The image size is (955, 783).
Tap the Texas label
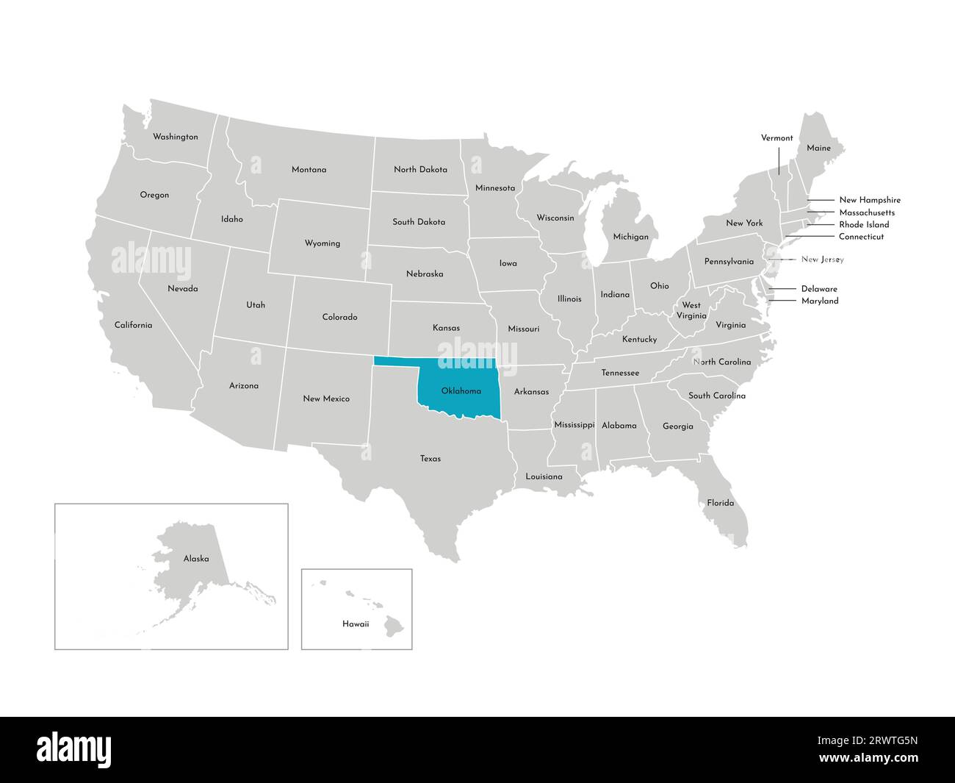tap(430, 459)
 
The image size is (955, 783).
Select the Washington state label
tap(175, 137)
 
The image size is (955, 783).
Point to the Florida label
tap(720, 503)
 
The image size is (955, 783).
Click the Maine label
tap(818, 148)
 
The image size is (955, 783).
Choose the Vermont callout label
tap(776, 137)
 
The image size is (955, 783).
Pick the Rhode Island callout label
tap(864, 224)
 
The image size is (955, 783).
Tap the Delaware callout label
tap(819, 289)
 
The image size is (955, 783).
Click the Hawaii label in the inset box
tap(356, 623)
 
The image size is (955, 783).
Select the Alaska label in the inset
tap(196, 559)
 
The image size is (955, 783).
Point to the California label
tap(133, 325)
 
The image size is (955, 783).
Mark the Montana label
tap(309, 170)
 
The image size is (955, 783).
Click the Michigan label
tap(630, 237)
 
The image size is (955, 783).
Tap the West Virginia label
tap(691, 310)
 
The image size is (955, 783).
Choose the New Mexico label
tap(326, 398)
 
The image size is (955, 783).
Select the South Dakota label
tap(419, 221)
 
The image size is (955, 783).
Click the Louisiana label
tap(544, 476)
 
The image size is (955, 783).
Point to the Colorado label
tap(339, 317)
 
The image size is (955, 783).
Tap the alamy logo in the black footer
tap(74, 749)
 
